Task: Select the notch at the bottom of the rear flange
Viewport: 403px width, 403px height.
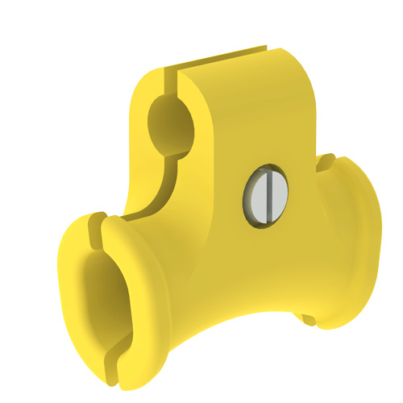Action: point(310,319)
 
